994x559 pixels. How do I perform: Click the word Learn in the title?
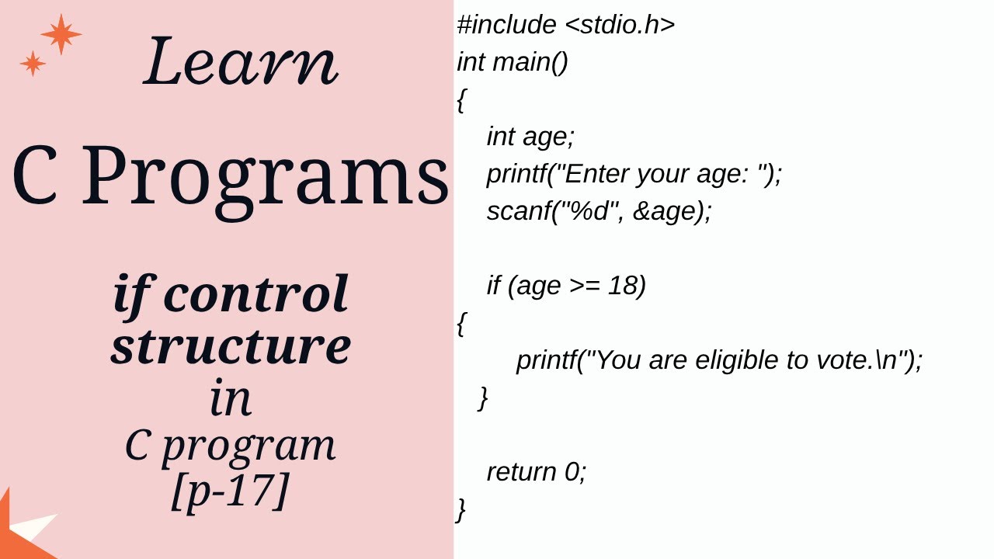pos(241,61)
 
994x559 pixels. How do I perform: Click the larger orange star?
pos(61,34)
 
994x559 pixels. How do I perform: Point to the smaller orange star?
pos(33,64)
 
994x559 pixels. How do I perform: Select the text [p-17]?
pos(230,491)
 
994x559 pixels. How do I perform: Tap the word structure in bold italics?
pos(231,345)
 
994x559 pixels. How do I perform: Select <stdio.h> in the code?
pos(620,25)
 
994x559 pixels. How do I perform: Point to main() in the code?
pos(530,62)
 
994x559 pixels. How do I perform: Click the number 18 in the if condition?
pos(624,286)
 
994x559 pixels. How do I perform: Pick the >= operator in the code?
pos(585,286)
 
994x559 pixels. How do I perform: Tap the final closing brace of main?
pos(461,509)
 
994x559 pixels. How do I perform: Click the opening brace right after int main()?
pos(461,100)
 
